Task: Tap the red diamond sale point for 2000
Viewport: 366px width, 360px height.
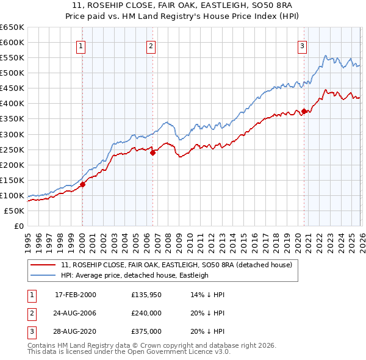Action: point(82,184)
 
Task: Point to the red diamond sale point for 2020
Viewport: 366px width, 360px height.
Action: point(304,111)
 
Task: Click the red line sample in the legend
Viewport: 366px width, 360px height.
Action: point(43,265)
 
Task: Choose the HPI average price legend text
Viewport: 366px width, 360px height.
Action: point(135,275)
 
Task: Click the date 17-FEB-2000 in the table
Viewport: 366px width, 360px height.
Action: point(76,295)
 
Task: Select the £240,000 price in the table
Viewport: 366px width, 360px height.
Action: point(146,313)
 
